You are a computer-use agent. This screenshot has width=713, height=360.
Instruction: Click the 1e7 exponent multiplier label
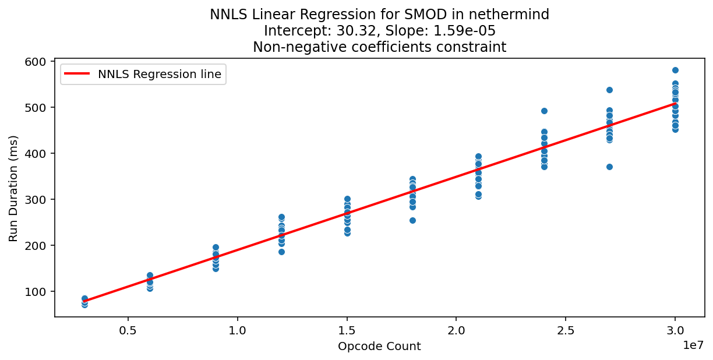click(x=693, y=345)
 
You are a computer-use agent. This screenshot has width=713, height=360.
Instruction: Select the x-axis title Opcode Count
click(x=379, y=347)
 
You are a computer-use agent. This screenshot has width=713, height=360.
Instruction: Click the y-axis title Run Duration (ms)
click(x=13, y=188)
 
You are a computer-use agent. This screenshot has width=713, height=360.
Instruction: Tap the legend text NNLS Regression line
click(x=160, y=74)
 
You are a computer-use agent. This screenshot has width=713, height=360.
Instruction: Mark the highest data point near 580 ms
click(x=675, y=70)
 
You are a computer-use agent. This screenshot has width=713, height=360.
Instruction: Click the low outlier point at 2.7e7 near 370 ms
click(x=609, y=167)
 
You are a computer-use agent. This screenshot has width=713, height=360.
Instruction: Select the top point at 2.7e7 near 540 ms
click(x=609, y=90)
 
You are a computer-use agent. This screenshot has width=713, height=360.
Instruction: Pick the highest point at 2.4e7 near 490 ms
click(x=544, y=111)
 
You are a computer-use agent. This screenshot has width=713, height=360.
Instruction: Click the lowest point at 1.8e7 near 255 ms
click(x=412, y=220)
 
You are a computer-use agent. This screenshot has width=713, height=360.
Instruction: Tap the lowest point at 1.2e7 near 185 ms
click(x=281, y=252)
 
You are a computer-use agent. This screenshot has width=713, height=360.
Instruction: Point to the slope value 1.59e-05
click(x=463, y=31)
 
